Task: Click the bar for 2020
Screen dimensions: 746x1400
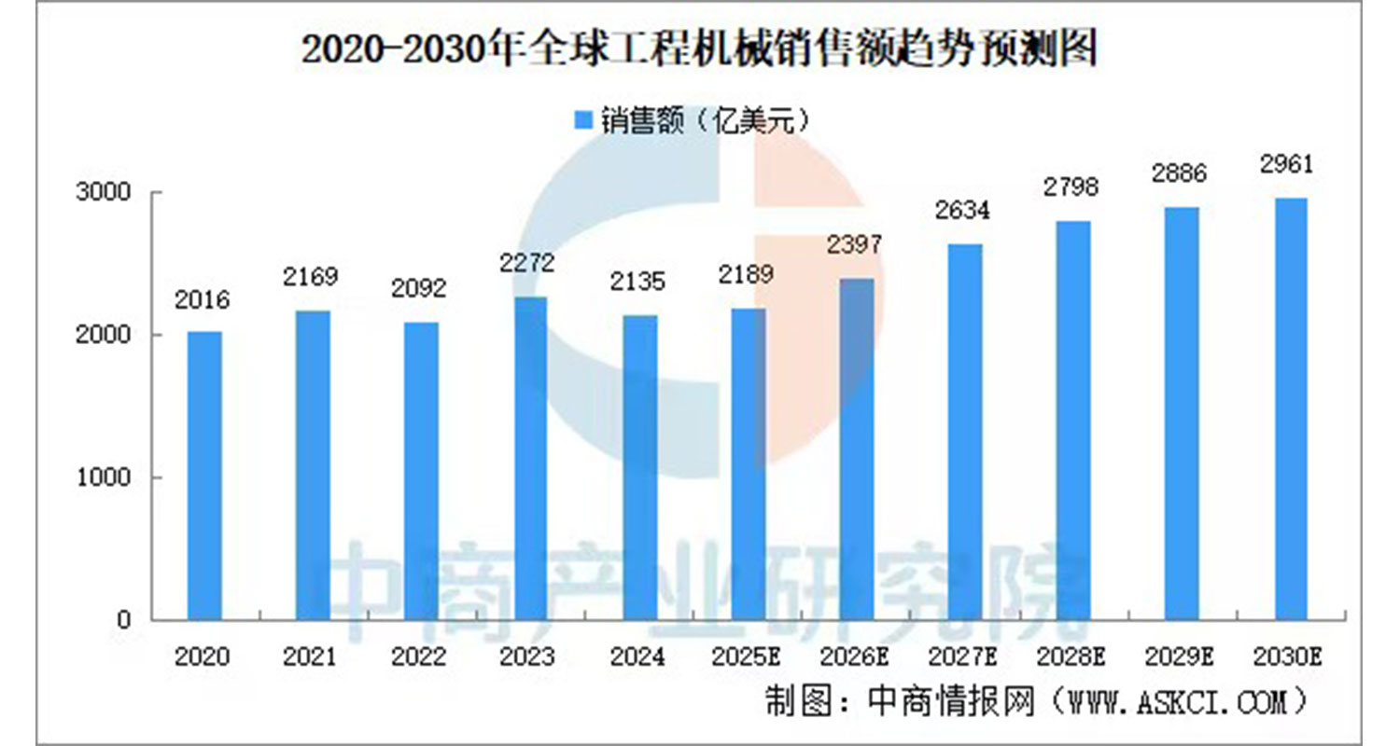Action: (x=204, y=476)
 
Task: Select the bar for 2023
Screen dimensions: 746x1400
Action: (x=530, y=458)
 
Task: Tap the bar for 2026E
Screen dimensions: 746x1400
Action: (x=857, y=449)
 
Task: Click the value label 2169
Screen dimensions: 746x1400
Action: (x=312, y=277)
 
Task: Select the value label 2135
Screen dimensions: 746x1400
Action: (x=638, y=281)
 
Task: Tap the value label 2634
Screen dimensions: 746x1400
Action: (x=964, y=211)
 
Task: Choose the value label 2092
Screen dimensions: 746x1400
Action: (x=420, y=288)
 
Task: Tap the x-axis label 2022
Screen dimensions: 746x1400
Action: (x=420, y=656)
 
